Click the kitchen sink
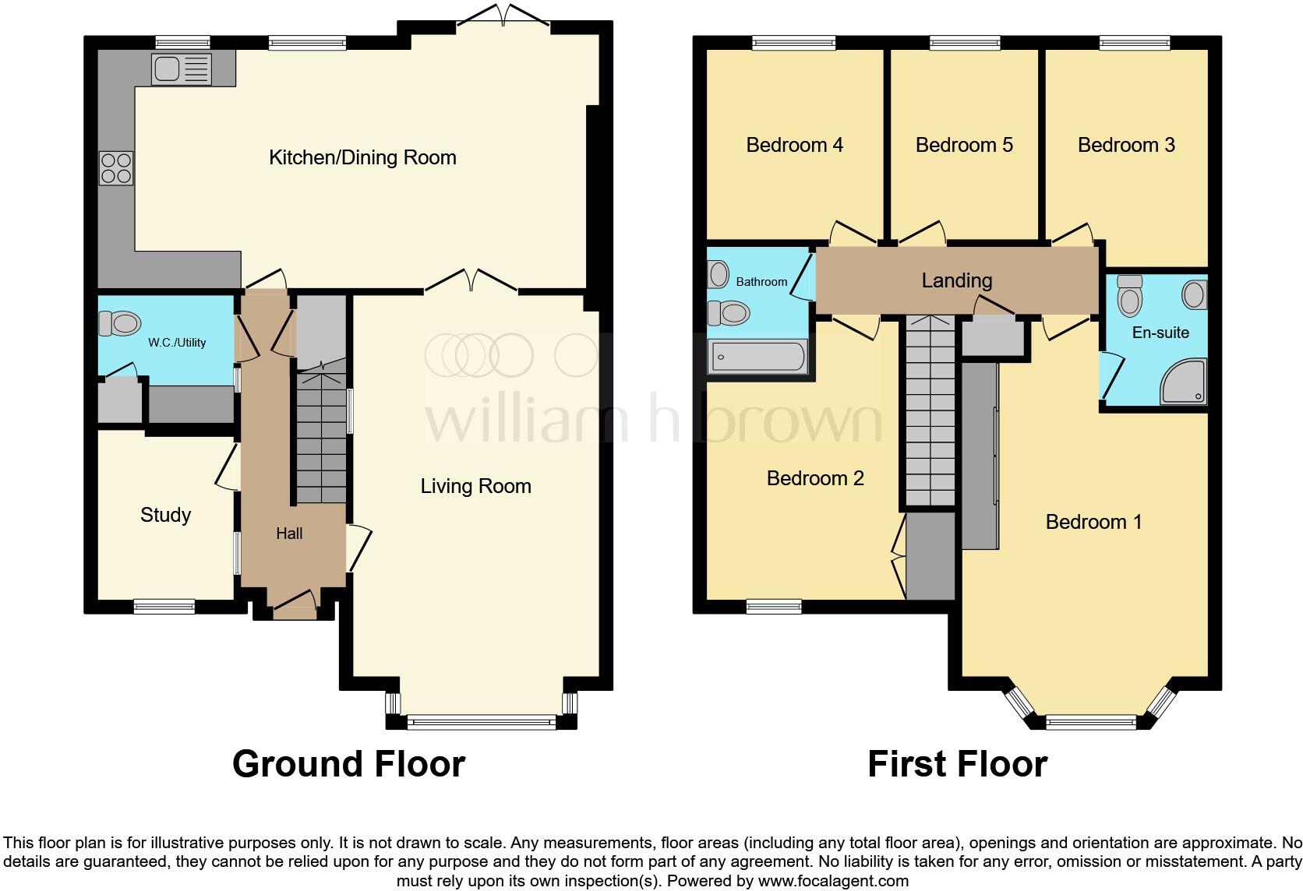pos(182,69)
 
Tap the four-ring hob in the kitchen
pos(116,168)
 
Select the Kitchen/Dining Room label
pos(362,157)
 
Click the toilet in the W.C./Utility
pos(119,322)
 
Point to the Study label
pos(165,515)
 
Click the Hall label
pos(289,534)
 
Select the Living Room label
pos(475,487)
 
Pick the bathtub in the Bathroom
pos(757,357)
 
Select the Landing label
pos(956,280)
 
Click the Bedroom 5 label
pos(964,145)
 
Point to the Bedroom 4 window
pos(793,44)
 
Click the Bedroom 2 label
pos(815,478)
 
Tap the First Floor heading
pos(957,764)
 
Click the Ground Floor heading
pos(348,764)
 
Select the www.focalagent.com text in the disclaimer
pos(833,881)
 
